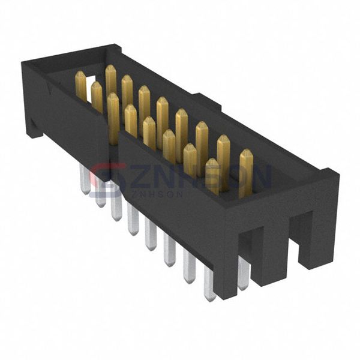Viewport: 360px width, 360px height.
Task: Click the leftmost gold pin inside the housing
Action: [80, 86]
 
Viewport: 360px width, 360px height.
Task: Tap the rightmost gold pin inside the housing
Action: [245, 173]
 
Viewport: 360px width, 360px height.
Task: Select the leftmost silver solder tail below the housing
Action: [85, 179]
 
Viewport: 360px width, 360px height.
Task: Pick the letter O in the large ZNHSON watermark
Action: [234, 177]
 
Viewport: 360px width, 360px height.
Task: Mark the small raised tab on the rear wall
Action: [201, 98]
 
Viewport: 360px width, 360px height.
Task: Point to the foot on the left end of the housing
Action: [32, 126]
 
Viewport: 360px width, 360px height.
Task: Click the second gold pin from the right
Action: [223, 162]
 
